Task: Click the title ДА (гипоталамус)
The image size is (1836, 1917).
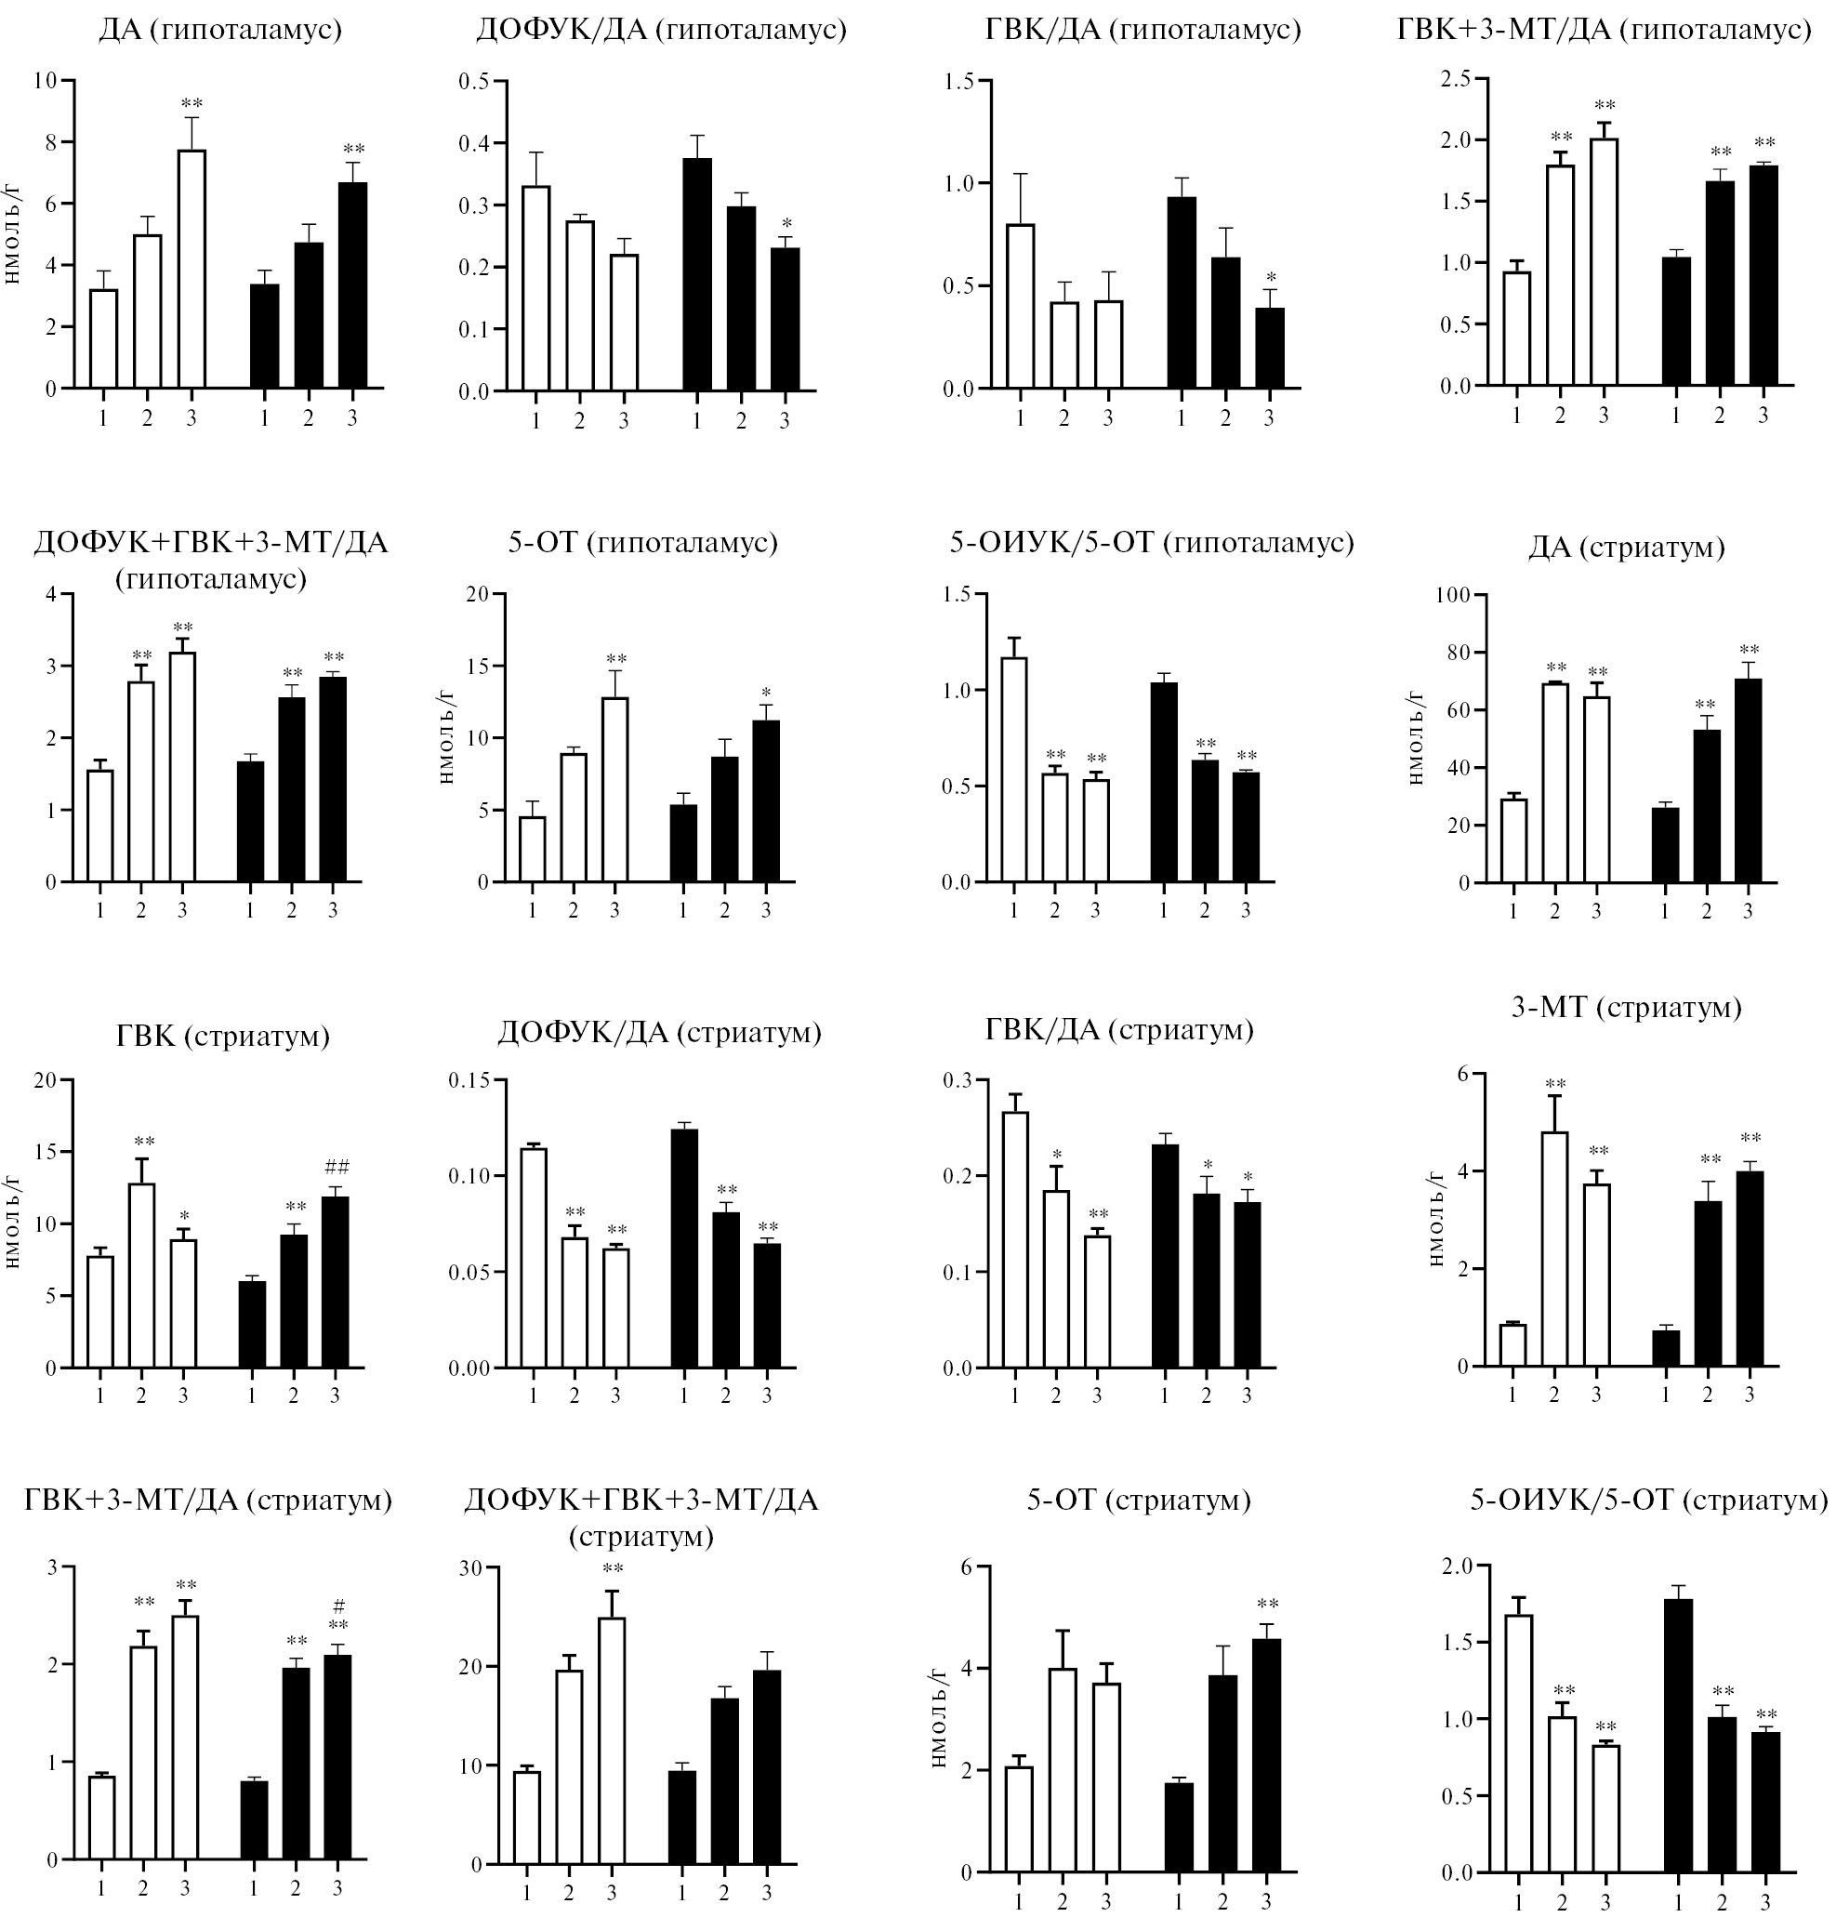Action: (x=219, y=31)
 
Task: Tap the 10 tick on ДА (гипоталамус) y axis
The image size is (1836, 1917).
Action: (x=45, y=80)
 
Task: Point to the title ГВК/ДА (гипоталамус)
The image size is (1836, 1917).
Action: (x=1143, y=31)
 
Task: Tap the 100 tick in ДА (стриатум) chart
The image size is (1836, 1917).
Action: (x=1451, y=595)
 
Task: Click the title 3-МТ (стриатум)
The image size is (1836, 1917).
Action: (x=1626, y=1007)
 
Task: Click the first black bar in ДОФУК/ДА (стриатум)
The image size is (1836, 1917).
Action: (x=683, y=1249)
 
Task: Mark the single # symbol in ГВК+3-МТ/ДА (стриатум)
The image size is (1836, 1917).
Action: (x=338, y=1605)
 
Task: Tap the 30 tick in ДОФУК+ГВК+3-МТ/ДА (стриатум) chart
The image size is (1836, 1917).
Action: (x=471, y=1567)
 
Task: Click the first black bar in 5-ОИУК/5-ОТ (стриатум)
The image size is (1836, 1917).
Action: (x=1678, y=1740)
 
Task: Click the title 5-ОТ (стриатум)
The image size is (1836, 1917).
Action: (x=1139, y=1500)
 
